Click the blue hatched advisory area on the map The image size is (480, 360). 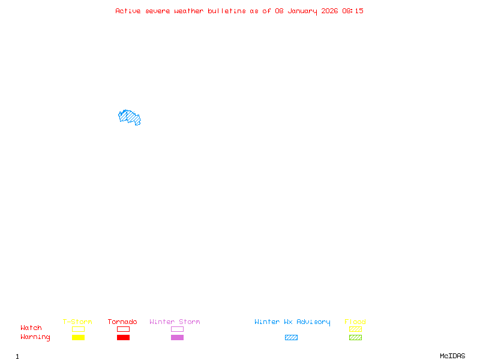pos(129,117)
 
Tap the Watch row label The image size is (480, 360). pos(31,328)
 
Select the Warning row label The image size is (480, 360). pos(35,337)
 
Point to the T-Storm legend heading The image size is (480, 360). pos(77,322)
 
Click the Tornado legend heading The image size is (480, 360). pos(122,322)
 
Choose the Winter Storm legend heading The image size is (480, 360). pos(175,322)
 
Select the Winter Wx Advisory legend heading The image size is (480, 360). pos(292,322)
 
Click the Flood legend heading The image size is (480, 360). pos(355,322)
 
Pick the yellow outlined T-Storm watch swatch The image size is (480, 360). pos(78,329)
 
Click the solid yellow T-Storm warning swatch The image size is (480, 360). pos(78,337)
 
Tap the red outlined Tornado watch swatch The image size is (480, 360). pos(123,329)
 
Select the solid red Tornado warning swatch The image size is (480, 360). pos(123,337)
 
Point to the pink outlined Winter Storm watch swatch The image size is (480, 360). pos(177,329)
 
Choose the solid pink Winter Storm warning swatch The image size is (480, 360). pos(177,337)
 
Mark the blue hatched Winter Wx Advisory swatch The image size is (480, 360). pos(291,337)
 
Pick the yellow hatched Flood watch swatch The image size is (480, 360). pos(355,329)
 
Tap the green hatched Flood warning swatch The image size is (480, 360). pos(355,337)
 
